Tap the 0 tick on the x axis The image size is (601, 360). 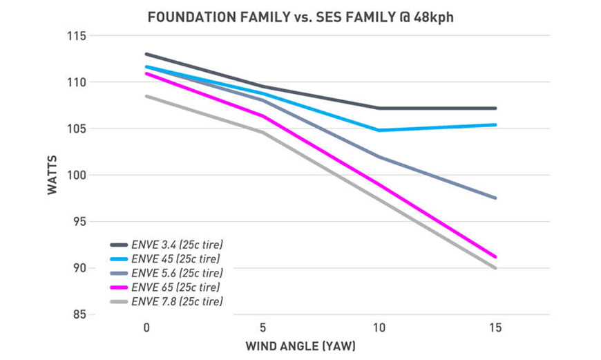pos(146,325)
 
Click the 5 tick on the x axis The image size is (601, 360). pos(263,325)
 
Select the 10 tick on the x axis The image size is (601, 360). pos(379,325)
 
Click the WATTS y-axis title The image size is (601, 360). pos(53,176)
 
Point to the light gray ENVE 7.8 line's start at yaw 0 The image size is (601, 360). pos(146,96)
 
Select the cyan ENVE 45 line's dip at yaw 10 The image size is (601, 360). pos(379,130)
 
